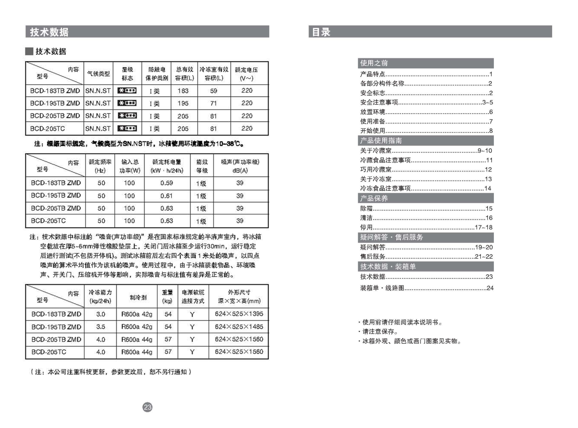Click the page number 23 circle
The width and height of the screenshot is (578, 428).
147,407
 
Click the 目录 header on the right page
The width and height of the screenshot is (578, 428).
321,32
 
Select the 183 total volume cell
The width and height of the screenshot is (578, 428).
183,91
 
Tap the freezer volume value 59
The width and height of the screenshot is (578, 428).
213,91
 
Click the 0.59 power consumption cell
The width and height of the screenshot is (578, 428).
167,183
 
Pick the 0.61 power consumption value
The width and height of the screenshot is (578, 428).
167,196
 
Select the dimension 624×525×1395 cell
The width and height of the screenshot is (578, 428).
239,314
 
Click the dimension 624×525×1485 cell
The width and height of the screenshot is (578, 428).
239,327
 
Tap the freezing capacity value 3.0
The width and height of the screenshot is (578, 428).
100,314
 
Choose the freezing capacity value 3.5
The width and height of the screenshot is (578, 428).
100,327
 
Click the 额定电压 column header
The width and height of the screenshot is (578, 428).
246,74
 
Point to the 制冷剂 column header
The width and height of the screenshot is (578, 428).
138,297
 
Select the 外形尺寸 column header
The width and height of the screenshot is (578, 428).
239,296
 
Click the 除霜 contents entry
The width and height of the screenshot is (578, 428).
367,208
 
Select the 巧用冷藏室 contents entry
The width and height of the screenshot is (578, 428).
376,169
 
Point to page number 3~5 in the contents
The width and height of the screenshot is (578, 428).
488,102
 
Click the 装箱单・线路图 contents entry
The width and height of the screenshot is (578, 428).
382,288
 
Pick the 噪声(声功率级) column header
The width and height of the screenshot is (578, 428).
240,166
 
